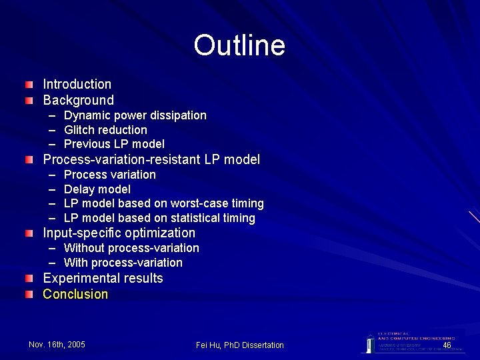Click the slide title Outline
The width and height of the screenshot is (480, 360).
239,45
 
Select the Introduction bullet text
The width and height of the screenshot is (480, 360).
77,84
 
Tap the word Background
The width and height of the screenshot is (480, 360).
79,100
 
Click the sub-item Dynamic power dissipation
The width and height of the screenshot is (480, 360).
135,115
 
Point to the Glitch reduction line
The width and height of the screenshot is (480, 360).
105,129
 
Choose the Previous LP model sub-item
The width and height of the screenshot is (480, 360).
114,144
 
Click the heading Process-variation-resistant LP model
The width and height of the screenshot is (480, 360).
151,159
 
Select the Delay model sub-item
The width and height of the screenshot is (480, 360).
97,189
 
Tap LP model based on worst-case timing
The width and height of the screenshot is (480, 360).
164,203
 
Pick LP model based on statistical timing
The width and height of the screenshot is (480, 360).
159,218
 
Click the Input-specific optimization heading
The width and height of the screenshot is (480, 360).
119,233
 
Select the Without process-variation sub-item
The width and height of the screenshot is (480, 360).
131,248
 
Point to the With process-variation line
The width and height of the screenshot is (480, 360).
123,263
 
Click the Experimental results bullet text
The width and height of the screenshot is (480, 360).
103,278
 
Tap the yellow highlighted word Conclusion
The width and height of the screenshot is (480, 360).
75,294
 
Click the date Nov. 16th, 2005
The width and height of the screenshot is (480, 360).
57,344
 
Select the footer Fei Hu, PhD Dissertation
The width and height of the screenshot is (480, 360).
240,345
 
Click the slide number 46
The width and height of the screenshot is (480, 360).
447,345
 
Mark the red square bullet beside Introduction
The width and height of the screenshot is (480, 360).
29,85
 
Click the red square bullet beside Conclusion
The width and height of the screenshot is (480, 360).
29,294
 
